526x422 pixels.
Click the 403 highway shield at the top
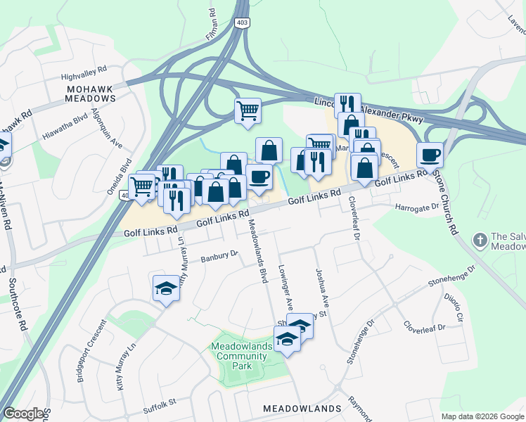coord(241,23)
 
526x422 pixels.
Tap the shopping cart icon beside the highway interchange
coord(248,110)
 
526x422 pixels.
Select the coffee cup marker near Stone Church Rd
coord(429,155)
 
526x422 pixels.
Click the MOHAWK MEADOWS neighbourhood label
coord(90,94)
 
